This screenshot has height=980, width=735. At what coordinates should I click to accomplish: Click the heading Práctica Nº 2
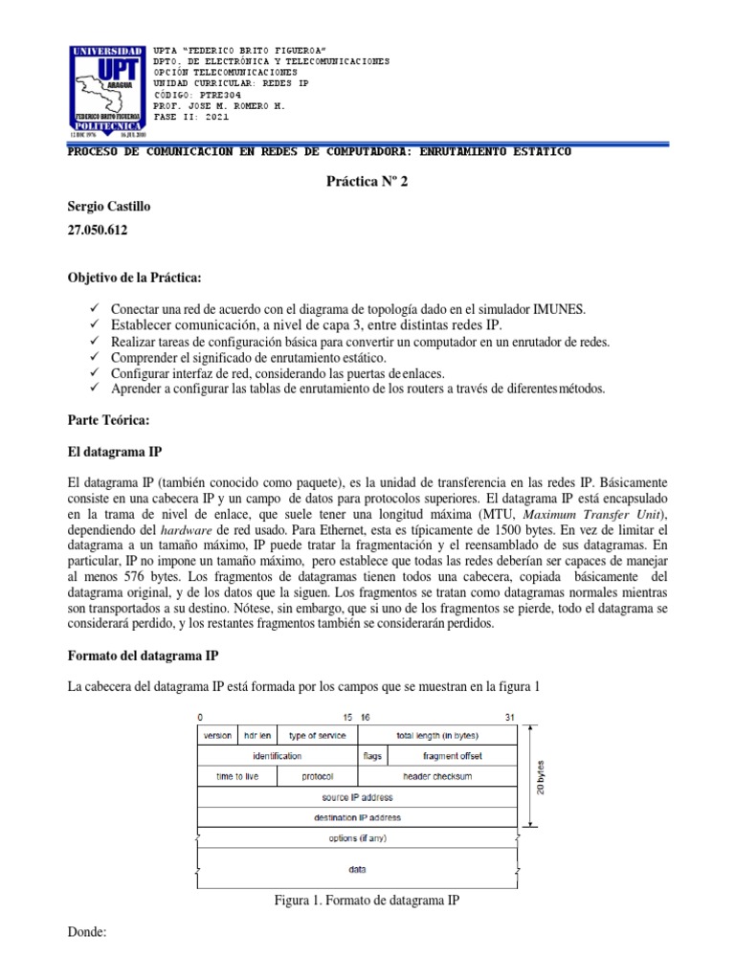367,182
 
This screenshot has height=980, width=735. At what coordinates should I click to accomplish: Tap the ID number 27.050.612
98,231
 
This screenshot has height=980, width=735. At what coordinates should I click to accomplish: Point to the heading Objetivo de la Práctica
134,278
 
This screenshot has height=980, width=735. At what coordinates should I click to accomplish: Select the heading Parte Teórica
110,419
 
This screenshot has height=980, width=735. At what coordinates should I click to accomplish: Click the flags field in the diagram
373,756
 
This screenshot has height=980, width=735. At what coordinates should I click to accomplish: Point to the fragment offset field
453,756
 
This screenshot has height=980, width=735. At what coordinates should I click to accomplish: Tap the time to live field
236,776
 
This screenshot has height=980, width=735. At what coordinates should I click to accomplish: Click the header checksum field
437,776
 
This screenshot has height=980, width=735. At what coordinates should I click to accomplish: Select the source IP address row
357,797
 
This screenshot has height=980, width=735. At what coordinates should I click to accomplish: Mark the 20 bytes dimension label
541,776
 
